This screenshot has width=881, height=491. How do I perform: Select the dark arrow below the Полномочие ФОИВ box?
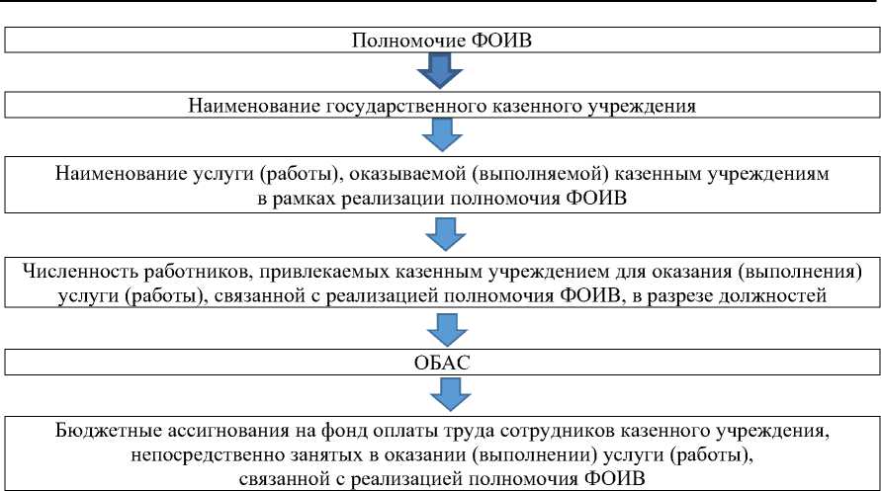[x=440, y=72]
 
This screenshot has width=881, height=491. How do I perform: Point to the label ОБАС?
[x=440, y=363]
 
